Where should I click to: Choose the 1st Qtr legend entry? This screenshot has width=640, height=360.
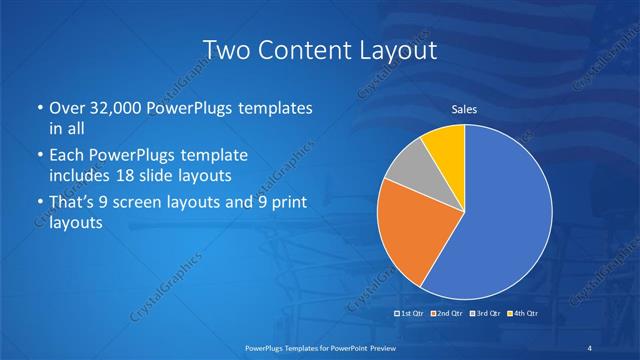[411, 314]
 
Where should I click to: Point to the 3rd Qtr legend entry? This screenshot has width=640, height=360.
[484, 314]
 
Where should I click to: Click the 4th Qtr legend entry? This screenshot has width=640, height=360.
[522, 314]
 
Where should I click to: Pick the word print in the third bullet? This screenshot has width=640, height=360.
[284, 204]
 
